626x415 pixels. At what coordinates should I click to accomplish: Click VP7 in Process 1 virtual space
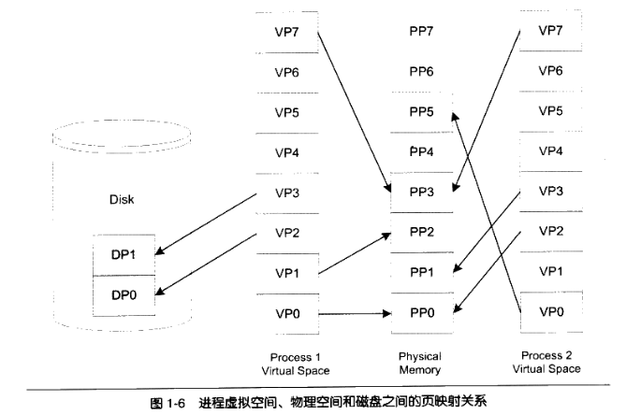[x=286, y=30]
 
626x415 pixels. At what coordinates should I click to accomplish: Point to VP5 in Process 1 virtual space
[x=286, y=111]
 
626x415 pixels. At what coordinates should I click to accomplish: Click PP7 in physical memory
[x=421, y=30]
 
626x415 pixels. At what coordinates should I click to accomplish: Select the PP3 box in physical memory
[x=421, y=192]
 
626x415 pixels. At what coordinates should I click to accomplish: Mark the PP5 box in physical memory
[x=421, y=111]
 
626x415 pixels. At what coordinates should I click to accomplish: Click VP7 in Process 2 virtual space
[x=551, y=30]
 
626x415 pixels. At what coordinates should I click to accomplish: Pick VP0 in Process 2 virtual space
[x=551, y=312]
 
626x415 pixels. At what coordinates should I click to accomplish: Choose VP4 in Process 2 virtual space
[x=551, y=151]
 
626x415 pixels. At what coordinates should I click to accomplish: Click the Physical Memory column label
[x=420, y=363]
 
